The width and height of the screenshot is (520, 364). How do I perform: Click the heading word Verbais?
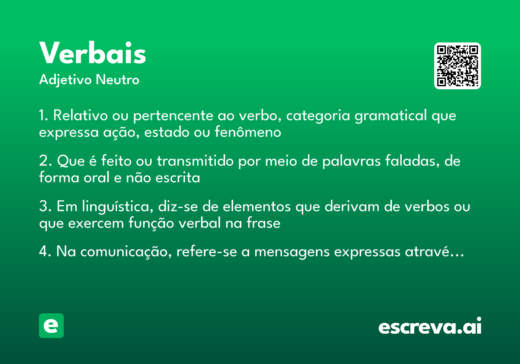click(93, 53)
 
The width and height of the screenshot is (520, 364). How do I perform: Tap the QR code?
click(458, 66)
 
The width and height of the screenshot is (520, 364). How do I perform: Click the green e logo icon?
click(51, 325)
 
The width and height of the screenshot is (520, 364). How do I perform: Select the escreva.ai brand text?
click(430, 326)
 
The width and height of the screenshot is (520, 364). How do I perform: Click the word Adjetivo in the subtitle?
click(66, 80)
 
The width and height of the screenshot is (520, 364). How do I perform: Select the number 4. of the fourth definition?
click(45, 253)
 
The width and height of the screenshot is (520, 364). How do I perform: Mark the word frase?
click(265, 223)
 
